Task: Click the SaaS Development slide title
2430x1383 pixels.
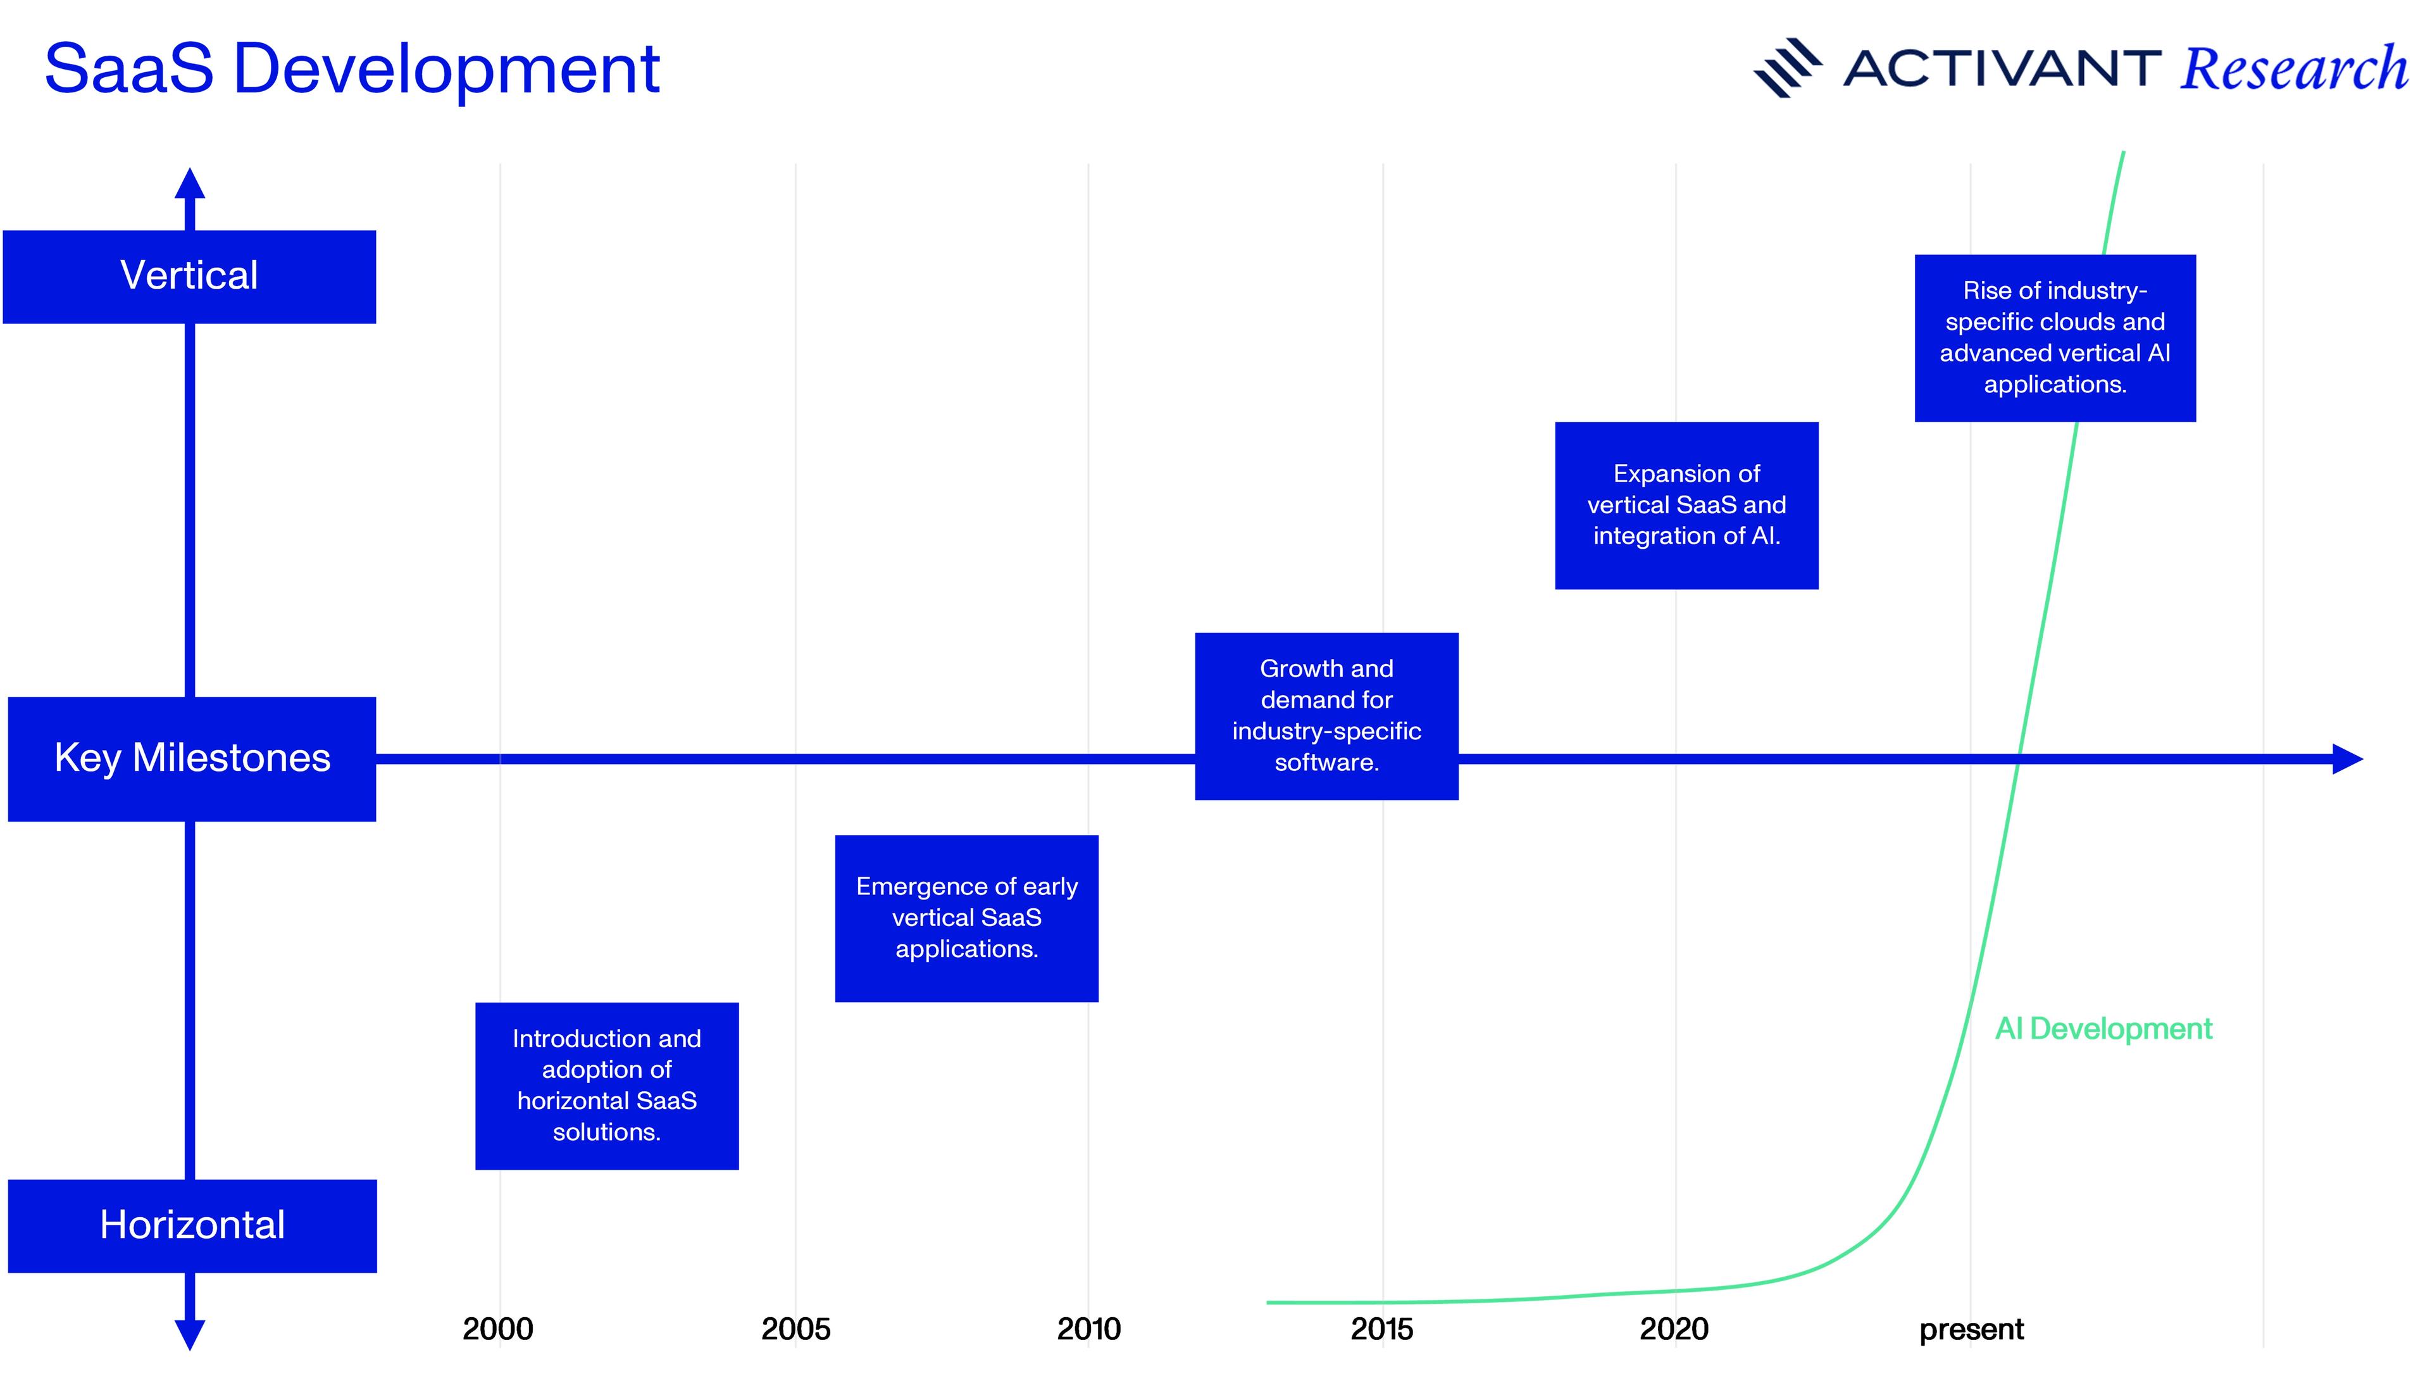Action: click(351, 70)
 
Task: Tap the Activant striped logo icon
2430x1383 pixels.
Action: click(1787, 68)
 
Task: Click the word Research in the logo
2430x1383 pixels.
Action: click(2295, 70)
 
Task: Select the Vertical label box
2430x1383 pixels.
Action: click(190, 277)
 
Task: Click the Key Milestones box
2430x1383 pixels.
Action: click(192, 759)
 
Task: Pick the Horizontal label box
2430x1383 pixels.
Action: click(192, 1225)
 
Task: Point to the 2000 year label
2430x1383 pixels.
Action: click(497, 1329)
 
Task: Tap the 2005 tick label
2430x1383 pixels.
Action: click(795, 1329)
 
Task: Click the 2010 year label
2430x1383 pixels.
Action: click(1089, 1329)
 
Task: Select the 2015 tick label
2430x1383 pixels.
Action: click(1381, 1329)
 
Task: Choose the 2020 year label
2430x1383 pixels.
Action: click(1674, 1329)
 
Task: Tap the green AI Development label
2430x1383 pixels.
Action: click(2103, 1029)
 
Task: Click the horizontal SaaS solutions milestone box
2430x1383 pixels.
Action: click(607, 1086)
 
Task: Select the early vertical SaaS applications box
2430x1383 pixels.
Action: click(967, 918)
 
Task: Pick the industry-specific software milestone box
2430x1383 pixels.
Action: click(1326, 717)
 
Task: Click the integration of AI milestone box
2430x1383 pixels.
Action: click(1686, 505)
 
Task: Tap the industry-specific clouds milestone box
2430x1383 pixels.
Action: click(2055, 338)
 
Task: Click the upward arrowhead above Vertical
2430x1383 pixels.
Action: click(190, 184)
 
